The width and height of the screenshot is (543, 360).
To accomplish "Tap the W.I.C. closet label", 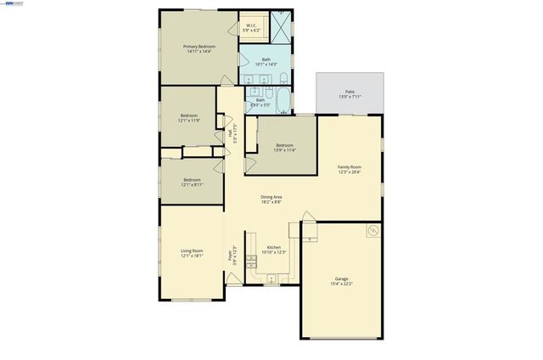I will click(252, 26).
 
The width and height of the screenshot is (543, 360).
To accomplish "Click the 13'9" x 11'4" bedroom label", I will click(284, 146).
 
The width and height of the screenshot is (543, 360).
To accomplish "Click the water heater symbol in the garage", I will click(371, 231).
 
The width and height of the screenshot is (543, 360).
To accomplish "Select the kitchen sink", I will click(271, 278).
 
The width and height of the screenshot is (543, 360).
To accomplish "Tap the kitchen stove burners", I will click(251, 261).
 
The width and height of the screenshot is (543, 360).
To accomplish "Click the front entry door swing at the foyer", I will click(232, 279).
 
